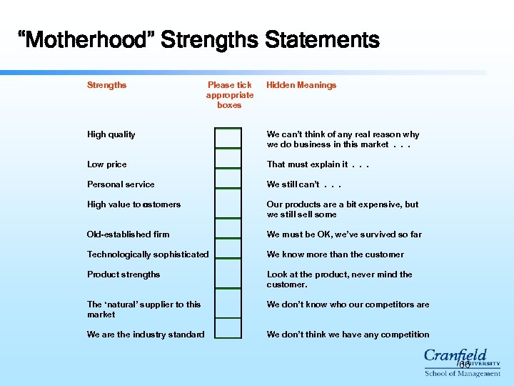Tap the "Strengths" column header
click(106, 85)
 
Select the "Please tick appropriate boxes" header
click(230, 95)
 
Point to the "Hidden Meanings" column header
click(301, 85)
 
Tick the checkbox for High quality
click(228, 137)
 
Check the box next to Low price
click(228, 158)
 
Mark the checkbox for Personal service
click(228, 178)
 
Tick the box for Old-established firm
click(228, 229)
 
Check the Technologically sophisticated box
click(228, 248)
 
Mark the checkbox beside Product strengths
click(228, 272)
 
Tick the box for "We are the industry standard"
click(228, 327)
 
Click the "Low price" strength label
click(106, 164)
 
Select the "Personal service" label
click(121, 184)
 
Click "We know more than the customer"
click(335, 254)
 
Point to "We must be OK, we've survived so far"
click(344, 234)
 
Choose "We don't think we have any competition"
click(348, 335)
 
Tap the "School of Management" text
click(462, 373)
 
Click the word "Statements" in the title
click(322, 40)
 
